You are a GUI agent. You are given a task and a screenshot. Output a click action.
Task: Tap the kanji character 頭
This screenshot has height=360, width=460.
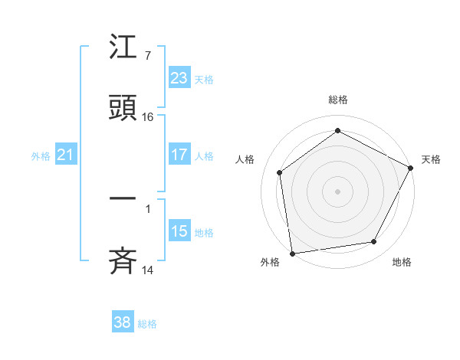click(123, 109)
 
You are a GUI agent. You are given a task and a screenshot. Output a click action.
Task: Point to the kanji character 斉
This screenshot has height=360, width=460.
click(123, 260)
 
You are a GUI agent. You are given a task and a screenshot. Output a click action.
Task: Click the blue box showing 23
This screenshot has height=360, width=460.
click(179, 77)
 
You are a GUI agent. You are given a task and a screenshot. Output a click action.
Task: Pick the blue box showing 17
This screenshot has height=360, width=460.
click(179, 155)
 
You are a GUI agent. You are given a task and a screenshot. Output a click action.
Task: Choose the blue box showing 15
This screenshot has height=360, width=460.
click(179, 231)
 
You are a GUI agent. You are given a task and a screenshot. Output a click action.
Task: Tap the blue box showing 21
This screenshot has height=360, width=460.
click(66, 155)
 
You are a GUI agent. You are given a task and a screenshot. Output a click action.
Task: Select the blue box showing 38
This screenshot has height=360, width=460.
click(122, 322)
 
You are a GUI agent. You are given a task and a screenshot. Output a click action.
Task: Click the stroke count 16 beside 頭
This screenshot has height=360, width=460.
click(148, 117)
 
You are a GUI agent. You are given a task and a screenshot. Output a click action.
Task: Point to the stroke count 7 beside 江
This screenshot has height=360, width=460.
click(147, 56)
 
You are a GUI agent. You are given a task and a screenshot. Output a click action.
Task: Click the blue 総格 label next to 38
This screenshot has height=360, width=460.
click(147, 324)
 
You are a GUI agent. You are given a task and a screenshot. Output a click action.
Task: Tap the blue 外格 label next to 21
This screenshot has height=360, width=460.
click(41, 156)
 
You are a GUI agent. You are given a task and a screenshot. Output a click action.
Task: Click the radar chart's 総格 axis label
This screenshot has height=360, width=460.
click(337, 100)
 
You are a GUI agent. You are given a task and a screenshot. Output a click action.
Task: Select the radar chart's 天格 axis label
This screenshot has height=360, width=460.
click(431, 159)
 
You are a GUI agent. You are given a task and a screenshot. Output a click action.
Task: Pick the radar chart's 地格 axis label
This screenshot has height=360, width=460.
click(402, 263)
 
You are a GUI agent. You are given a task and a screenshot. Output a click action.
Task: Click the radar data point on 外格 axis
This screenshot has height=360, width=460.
click(292, 253)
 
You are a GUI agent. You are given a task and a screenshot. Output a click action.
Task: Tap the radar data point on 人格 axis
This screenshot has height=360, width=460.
click(280, 172)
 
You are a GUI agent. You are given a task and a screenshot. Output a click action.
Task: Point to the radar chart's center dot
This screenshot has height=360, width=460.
click(337, 191)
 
